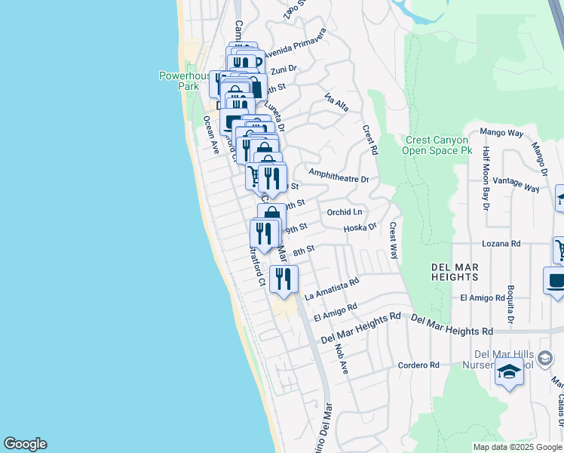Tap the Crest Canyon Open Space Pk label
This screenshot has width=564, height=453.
click(437, 145)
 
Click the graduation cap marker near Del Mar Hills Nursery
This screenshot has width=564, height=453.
click(509, 372)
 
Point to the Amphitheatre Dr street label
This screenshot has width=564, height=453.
click(339, 180)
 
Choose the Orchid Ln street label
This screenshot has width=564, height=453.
click(345, 212)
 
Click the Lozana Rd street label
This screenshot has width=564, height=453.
click(501, 244)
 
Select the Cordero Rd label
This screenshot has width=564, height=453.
click(419, 365)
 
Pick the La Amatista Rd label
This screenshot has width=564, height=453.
click(331, 289)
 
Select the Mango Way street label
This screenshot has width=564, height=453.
click(501, 134)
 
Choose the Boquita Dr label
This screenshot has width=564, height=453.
click(510, 303)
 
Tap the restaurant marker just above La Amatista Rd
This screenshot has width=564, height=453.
click(284, 278)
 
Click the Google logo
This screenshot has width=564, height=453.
click(25, 444)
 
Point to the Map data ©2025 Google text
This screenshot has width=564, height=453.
click(516, 447)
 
